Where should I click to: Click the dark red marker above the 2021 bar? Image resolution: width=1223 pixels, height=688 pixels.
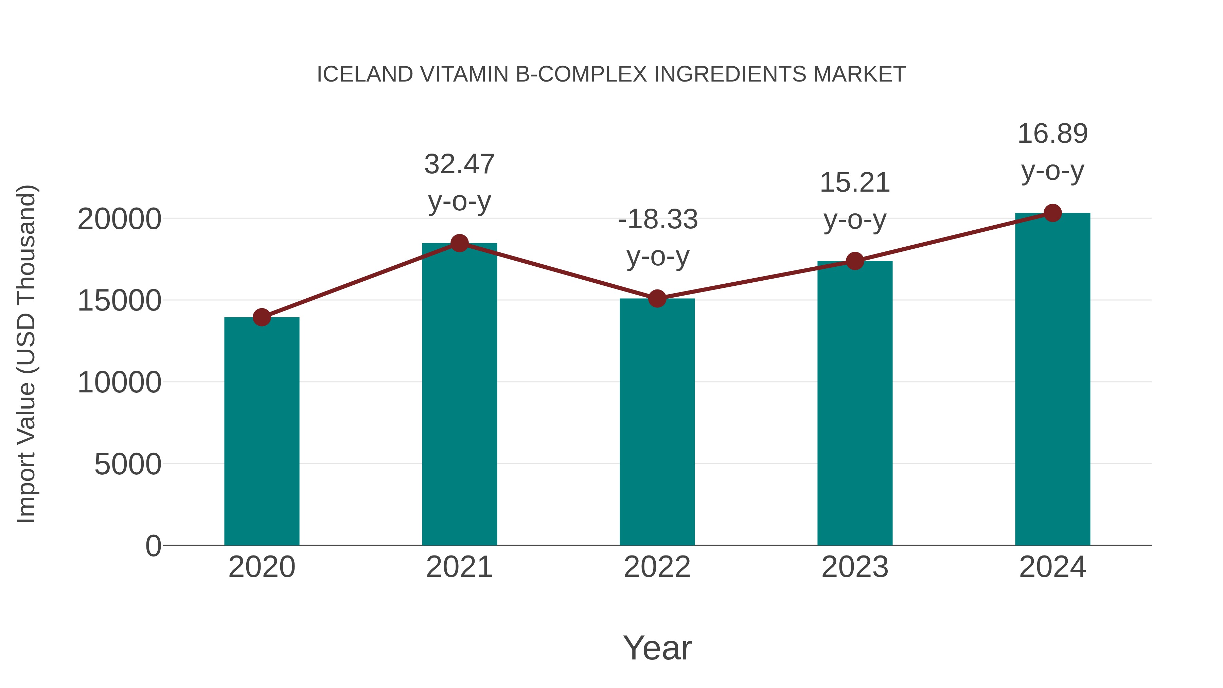click(x=459, y=243)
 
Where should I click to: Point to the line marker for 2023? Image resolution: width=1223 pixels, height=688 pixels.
click(x=855, y=261)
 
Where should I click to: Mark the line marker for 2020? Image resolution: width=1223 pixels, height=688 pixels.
click(x=262, y=317)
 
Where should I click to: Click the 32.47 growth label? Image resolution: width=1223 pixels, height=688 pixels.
click(x=459, y=164)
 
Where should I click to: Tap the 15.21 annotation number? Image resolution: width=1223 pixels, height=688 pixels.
click(x=855, y=183)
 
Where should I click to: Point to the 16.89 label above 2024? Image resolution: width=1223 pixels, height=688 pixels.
click(x=1052, y=134)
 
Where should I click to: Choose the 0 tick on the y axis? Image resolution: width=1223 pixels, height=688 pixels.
click(x=153, y=546)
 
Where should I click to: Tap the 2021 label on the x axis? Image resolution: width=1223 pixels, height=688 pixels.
click(x=459, y=567)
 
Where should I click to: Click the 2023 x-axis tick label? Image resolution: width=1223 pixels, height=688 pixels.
click(x=855, y=567)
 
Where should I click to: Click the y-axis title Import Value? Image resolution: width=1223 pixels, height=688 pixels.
click(x=26, y=354)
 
